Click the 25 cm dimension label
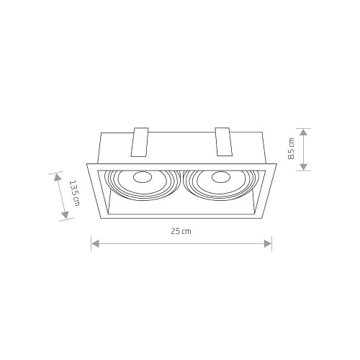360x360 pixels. (x=181, y=231)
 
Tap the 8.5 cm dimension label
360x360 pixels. (x=291, y=148)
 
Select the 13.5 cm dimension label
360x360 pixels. (x=74, y=193)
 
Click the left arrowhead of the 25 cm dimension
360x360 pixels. (x=96, y=243)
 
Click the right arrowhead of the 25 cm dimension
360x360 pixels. (x=268, y=243)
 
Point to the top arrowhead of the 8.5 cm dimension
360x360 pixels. (x=304, y=132)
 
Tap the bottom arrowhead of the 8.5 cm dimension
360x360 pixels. (x=304, y=167)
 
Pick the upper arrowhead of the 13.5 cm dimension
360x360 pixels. (x=57, y=177)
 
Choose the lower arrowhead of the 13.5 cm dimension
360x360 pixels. (x=66, y=215)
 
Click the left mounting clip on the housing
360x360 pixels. (x=140, y=142)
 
